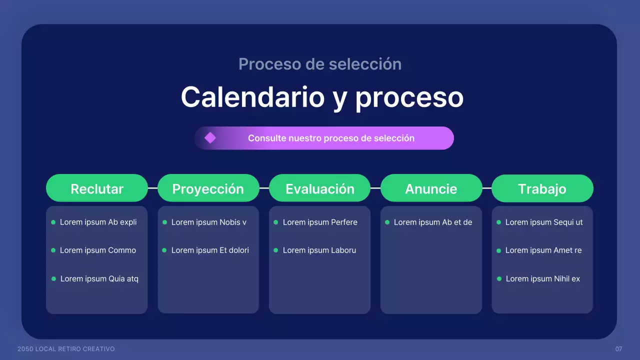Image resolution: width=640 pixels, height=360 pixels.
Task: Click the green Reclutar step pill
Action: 97,188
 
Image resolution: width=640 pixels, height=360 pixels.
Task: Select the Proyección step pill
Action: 208,188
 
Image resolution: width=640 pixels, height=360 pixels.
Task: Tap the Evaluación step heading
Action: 320,188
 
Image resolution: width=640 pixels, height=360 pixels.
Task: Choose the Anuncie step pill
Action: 431,188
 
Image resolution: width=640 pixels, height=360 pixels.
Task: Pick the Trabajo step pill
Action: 542,188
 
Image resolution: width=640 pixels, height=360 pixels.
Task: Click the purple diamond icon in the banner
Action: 210,138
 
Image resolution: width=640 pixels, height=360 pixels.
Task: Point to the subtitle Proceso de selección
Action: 320,64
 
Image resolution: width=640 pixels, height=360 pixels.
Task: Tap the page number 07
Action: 618,348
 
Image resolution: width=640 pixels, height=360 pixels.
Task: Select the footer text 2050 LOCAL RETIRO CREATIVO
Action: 66,348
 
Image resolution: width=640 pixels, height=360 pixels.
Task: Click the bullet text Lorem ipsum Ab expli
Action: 98,222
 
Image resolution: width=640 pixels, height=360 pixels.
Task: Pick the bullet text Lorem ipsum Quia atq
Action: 99,278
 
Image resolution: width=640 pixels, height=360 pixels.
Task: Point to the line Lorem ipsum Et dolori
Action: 210,250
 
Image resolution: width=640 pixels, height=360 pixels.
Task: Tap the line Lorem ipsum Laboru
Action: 319,250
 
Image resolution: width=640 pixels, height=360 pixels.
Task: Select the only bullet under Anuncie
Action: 433,222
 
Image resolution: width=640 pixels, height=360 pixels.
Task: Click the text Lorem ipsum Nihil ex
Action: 543,278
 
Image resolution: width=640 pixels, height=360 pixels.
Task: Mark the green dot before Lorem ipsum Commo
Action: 53,250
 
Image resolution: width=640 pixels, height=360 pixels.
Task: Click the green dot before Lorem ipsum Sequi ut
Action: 498,222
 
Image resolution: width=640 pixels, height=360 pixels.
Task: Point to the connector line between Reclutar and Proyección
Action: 152,188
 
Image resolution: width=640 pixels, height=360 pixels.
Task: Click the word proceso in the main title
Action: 409,96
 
